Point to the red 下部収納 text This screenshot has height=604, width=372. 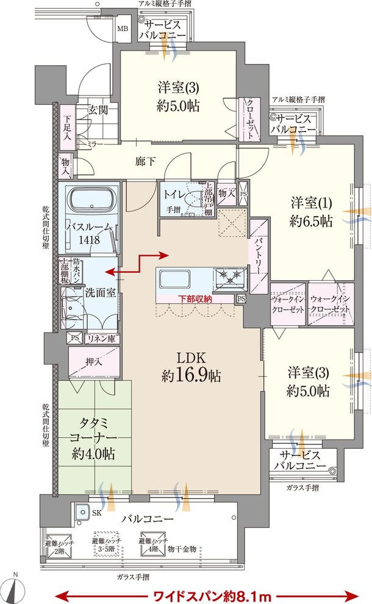(195, 299)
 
